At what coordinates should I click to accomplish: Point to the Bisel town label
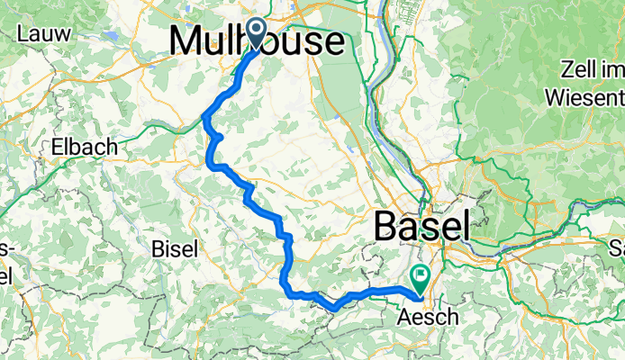pyautogui.click(x=173, y=248)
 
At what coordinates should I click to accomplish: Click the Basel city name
pyautogui.click(x=421, y=225)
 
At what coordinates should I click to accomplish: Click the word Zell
pyautogui.click(x=578, y=69)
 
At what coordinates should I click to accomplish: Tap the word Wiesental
pyautogui.click(x=587, y=94)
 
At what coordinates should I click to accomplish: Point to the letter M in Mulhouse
pyautogui.click(x=185, y=41)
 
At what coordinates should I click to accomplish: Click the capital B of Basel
pyautogui.click(x=386, y=225)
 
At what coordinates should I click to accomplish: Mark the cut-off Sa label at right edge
pyautogui.click(x=617, y=247)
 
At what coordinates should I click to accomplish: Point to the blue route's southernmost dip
pyautogui.click(x=333, y=309)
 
